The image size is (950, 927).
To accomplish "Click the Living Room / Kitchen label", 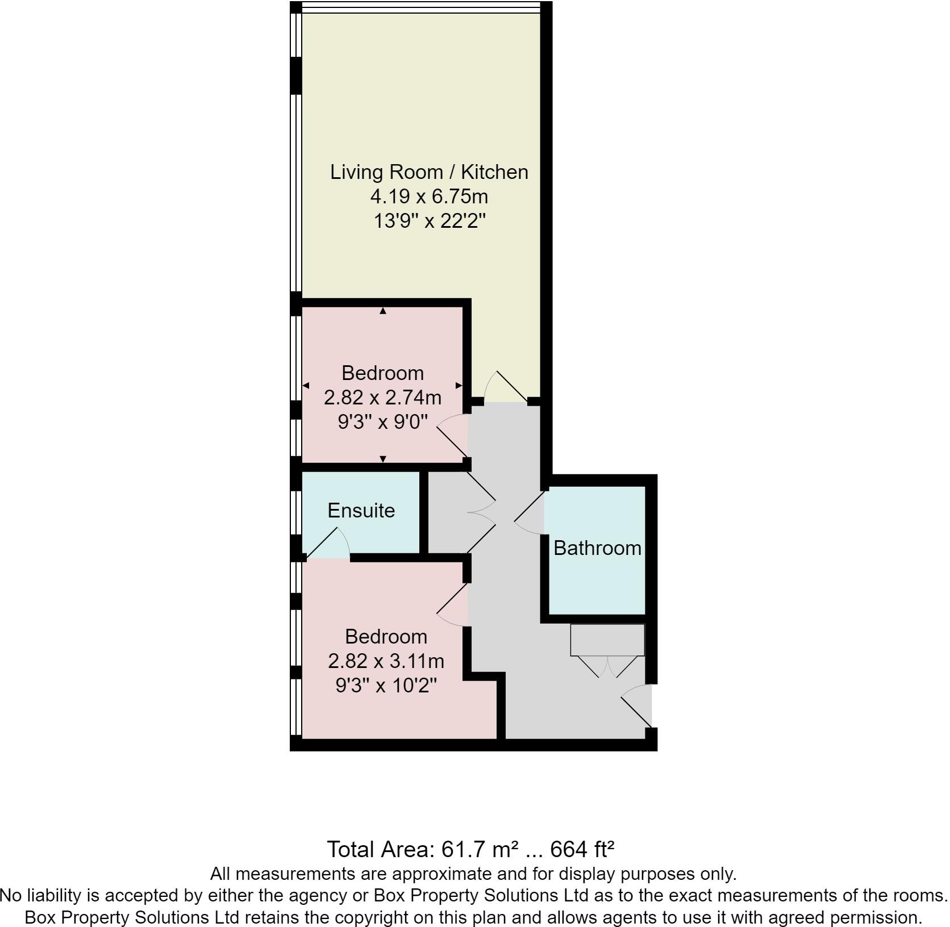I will tap(429, 172).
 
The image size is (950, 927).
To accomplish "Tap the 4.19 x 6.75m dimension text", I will tap(429, 197).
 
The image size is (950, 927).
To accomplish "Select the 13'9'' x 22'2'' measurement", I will tap(429, 221).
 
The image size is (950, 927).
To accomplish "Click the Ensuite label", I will tap(361, 511).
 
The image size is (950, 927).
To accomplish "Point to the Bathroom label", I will tap(597, 548).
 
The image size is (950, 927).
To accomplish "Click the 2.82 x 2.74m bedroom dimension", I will tap(382, 398).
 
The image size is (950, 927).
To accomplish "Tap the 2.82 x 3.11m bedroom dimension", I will tap(386, 661).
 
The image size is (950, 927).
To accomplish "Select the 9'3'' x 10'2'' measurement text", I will tap(386, 686).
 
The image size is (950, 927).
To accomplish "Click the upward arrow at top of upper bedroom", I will tap(383, 311).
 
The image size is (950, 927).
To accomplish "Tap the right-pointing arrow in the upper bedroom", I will tap(459, 386).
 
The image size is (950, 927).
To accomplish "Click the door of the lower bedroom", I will tap(452, 606).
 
